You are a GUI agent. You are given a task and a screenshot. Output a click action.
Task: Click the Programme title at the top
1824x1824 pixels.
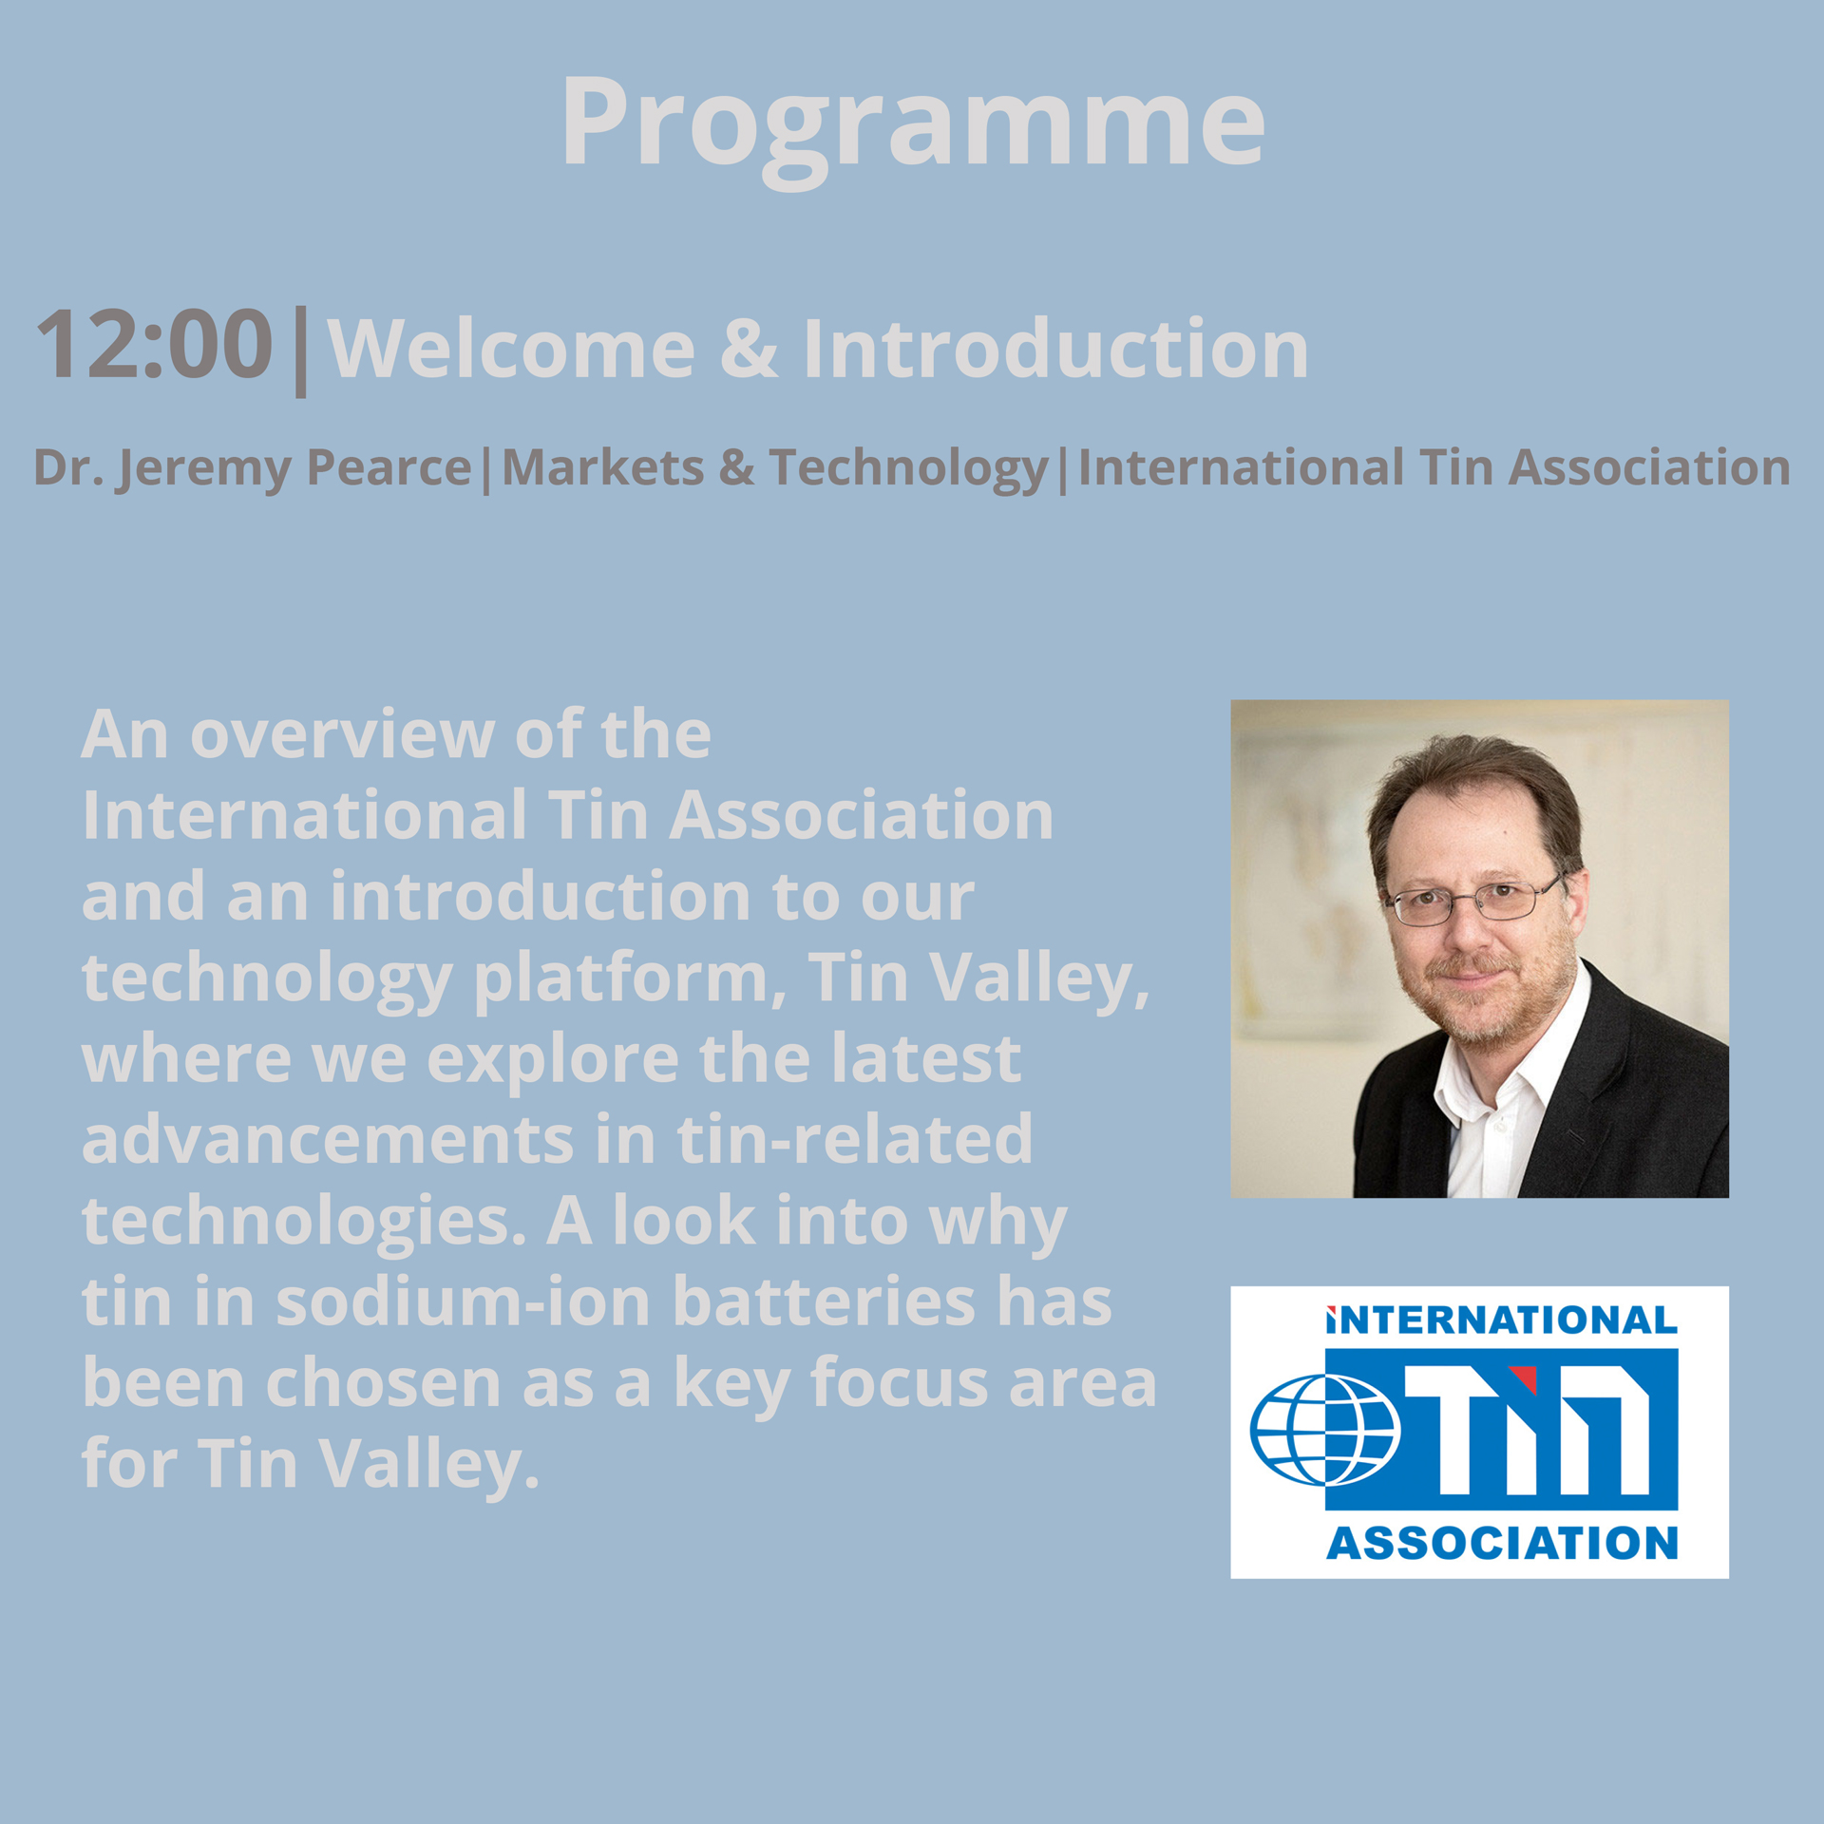coord(913,128)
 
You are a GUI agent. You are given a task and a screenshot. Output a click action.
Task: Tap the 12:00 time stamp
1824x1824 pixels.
coord(154,344)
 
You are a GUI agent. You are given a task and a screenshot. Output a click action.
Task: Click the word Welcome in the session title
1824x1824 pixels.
coord(511,349)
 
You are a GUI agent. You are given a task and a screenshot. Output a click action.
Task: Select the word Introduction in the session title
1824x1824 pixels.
coord(1056,348)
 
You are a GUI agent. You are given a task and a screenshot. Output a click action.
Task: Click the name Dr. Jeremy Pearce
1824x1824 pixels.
coord(253,469)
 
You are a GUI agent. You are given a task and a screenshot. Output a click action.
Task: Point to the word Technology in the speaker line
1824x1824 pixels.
coord(909,469)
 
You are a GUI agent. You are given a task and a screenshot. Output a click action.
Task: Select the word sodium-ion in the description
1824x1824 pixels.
coord(463,1301)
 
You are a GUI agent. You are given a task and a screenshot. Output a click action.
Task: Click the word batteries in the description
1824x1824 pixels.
coord(824,1301)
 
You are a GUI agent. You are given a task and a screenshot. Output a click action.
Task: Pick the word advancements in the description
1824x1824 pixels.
coord(328,1139)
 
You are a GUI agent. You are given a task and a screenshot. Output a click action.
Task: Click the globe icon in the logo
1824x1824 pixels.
coord(1325,1430)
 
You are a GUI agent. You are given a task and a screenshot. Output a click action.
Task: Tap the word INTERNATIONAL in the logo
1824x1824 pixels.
coord(1502,1321)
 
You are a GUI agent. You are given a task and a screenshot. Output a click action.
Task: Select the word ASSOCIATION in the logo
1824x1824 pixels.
coord(1502,1544)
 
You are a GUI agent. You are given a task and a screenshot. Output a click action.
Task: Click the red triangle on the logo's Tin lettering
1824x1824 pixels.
coord(1525,1377)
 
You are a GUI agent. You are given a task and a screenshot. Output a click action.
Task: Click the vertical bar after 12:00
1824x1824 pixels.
coord(300,351)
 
